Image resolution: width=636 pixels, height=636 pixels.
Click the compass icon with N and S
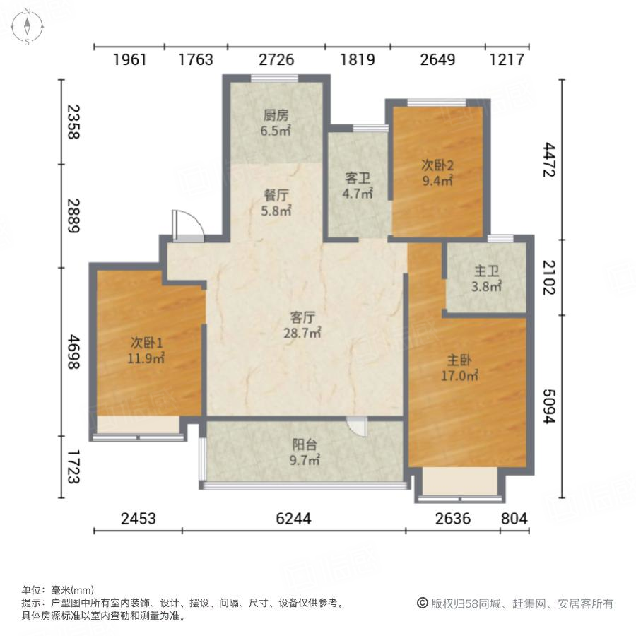(26, 26)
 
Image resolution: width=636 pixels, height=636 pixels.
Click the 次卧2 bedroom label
(437, 172)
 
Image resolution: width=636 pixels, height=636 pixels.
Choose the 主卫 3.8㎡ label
(488, 278)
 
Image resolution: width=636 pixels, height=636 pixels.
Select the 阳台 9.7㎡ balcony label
(306, 452)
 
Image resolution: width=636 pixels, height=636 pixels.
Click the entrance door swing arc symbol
(189, 225)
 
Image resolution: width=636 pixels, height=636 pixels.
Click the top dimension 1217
(506, 60)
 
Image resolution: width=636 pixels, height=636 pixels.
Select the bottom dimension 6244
(293, 519)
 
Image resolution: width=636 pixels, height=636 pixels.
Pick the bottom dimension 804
(514, 519)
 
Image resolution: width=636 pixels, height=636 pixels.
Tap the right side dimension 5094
(550, 406)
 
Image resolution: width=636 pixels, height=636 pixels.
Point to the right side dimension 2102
(550, 278)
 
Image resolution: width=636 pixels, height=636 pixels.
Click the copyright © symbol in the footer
(423, 603)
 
